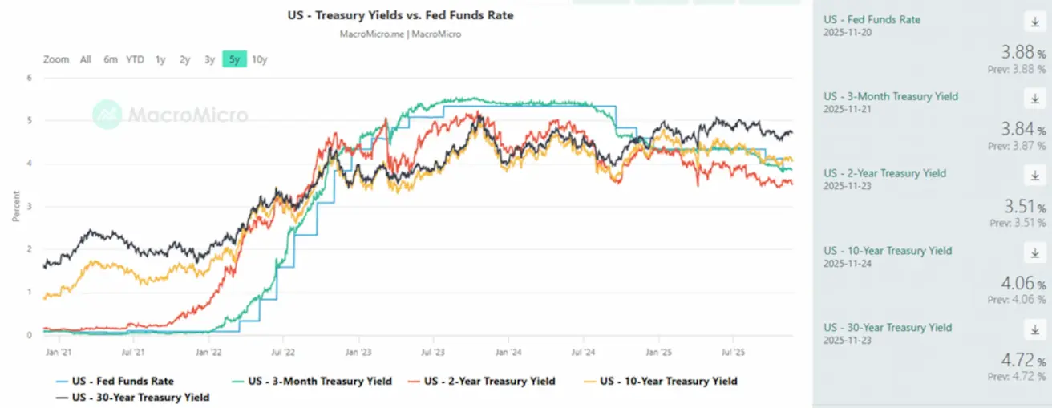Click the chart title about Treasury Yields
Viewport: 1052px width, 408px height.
coord(400,15)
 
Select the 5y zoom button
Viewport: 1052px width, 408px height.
coord(234,59)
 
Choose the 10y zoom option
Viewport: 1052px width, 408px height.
coord(259,59)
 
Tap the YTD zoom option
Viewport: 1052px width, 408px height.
coord(135,59)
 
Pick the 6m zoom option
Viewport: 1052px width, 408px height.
coord(111,59)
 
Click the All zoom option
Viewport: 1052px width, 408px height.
coord(86,59)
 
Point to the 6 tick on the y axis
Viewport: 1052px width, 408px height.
coord(29,79)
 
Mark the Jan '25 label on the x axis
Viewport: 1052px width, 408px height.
coord(659,351)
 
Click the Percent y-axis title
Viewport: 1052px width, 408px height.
coord(16,206)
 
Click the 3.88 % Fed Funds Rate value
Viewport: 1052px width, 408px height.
coord(1019,54)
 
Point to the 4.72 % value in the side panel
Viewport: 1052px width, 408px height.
coord(1019,362)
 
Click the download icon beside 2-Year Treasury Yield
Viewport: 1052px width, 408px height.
coord(1032,176)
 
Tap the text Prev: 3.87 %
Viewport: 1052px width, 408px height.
coord(1017,146)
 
